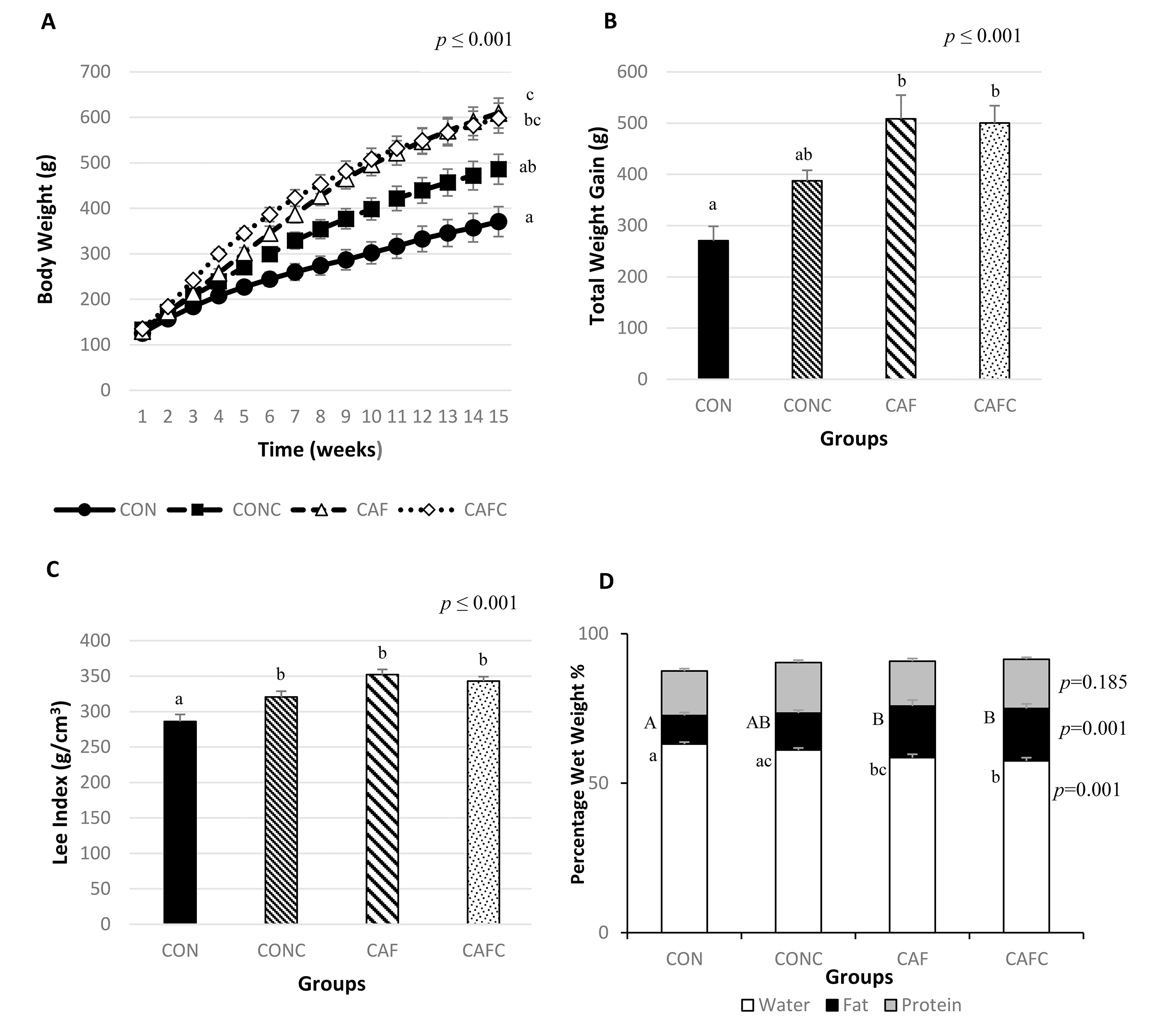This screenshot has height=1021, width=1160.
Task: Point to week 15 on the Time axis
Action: (x=498, y=417)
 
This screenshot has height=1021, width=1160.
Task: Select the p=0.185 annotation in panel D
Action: (x=1092, y=683)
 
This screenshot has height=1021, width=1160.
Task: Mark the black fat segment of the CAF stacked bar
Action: (x=912, y=732)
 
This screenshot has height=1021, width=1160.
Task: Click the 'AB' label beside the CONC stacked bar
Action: (x=757, y=722)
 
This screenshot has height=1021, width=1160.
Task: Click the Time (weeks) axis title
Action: (x=320, y=449)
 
